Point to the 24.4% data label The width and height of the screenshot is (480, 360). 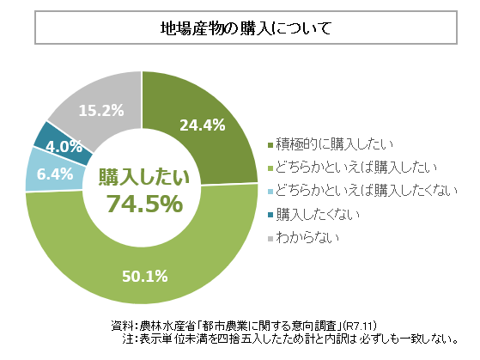point(202,125)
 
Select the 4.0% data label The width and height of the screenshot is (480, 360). point(64,146)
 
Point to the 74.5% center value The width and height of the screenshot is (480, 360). point(143,204)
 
